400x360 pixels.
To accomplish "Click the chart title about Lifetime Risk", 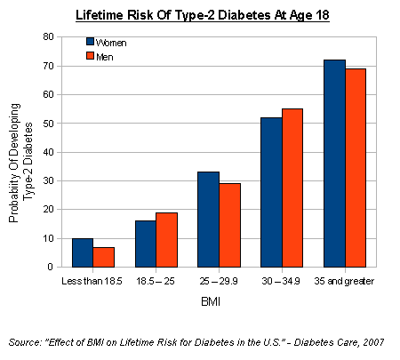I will (x=199, y=15).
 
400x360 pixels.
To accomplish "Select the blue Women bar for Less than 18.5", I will (x=82, y=252).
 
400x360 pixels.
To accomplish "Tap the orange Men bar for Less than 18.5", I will (x=103, y=257).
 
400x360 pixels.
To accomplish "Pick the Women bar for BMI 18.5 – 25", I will (x=145, y=244).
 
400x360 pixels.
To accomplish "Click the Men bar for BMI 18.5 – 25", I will (x=166, y=239).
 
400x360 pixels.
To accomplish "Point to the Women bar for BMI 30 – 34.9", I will (x=271, y=192).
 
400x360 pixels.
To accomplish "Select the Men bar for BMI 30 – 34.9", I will (x=292, y=188).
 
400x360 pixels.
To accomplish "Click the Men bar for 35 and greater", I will (x=356, y=167).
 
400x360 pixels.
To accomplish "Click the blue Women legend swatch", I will (x=91, y=41).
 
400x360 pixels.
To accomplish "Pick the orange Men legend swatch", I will (x=91, y=56).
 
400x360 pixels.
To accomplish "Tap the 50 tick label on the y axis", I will (x=50, y=124).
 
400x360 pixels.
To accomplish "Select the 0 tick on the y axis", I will (x=52, y=267).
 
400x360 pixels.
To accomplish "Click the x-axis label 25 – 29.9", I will (x=219, y=282).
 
